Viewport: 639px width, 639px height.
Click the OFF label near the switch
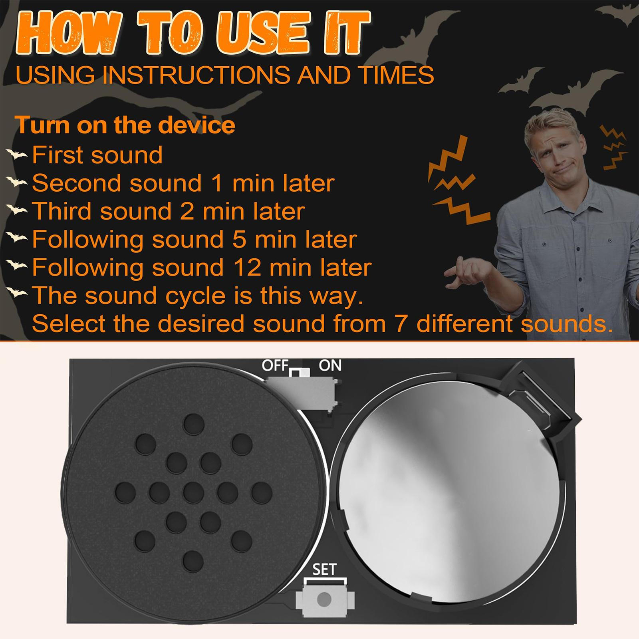[x=275, y=365]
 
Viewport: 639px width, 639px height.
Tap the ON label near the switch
[x=330, y=365]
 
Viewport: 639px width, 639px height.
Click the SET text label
[x=324, y=570]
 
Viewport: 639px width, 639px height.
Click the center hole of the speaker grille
[x=194, y=492]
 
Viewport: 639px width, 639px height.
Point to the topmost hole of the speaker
[x=194, y=424]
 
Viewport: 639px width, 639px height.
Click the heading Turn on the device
[x=125, y=125]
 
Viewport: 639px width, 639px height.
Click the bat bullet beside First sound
[x=17, y=155]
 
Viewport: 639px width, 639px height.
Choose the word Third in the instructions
[x=62, y=211]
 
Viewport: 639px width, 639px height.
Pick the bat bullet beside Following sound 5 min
[x=17, y=238]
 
